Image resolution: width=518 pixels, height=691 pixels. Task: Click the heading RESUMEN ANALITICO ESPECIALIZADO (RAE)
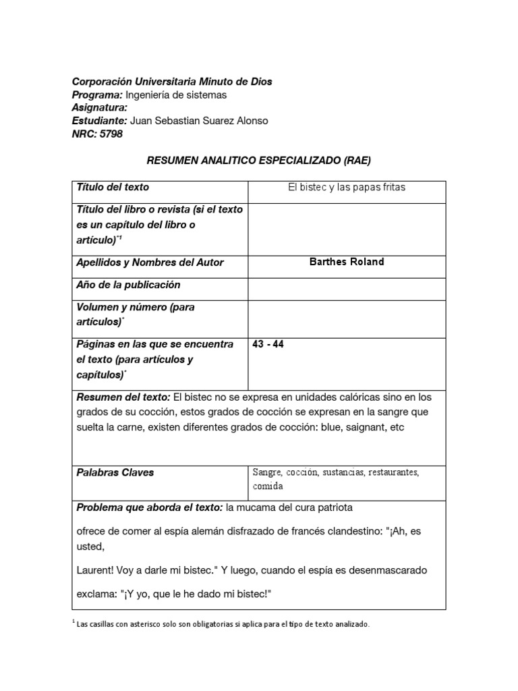pyautogui.click(x=259, y=161)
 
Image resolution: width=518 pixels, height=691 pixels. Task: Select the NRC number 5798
pyautogui.click(x=111, y=134)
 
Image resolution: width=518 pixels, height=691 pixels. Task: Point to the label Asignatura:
pyautogui.click(x=99, y=108)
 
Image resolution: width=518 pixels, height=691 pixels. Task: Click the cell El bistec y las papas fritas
pyautogui.click(x=347, y=188)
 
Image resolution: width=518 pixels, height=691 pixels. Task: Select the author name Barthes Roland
pyautogui.click(x=347, y=262)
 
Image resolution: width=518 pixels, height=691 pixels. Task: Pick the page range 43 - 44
pyautogui.click(x=268, y=344)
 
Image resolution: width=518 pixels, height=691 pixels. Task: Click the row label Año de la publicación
pyautogui.click(x=128, y=285)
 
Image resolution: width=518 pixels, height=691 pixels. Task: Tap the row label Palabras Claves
pyautogui.click(x=115, y=472)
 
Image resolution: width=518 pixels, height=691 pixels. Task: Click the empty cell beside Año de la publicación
pyautogui.click(x=347, y=289)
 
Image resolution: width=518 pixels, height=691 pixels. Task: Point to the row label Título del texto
pyautogui.click(x=113, y=187)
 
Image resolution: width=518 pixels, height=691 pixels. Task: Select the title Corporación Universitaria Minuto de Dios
pyautogui.click(x=172, y=82)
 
